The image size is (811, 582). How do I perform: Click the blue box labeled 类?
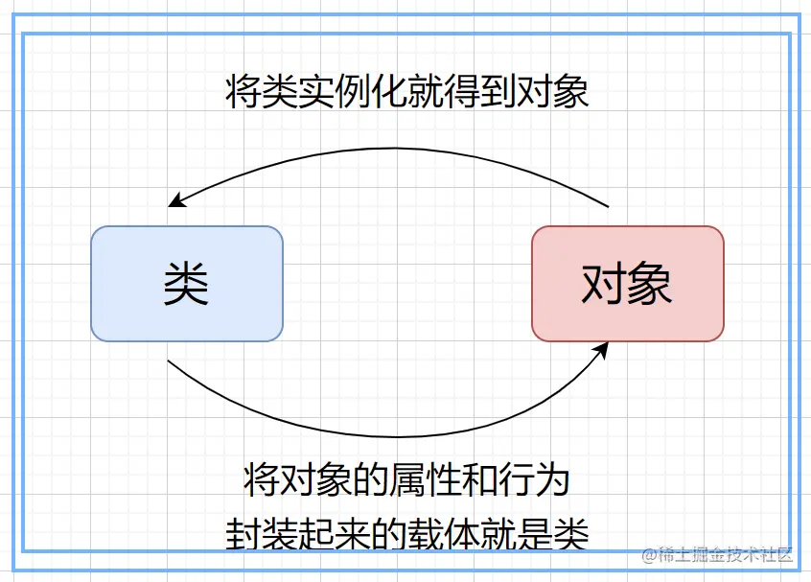pyautogui.click(x=187, y=284)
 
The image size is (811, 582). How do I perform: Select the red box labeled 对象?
pyautogui.click(x=628, y=284)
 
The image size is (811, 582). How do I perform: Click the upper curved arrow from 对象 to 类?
pyautogui.click(x=393, y=150)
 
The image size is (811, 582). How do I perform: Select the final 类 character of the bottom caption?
pyautogui.click(x=571, y=533)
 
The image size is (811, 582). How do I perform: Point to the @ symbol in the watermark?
pyautogui.click(x=649, y=554)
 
